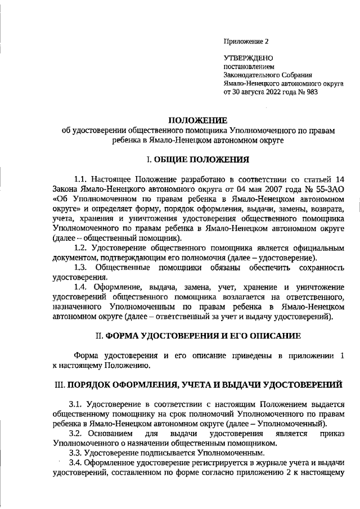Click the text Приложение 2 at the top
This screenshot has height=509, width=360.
pos(246,41)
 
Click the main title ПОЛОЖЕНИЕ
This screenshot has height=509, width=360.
pos(198,120)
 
